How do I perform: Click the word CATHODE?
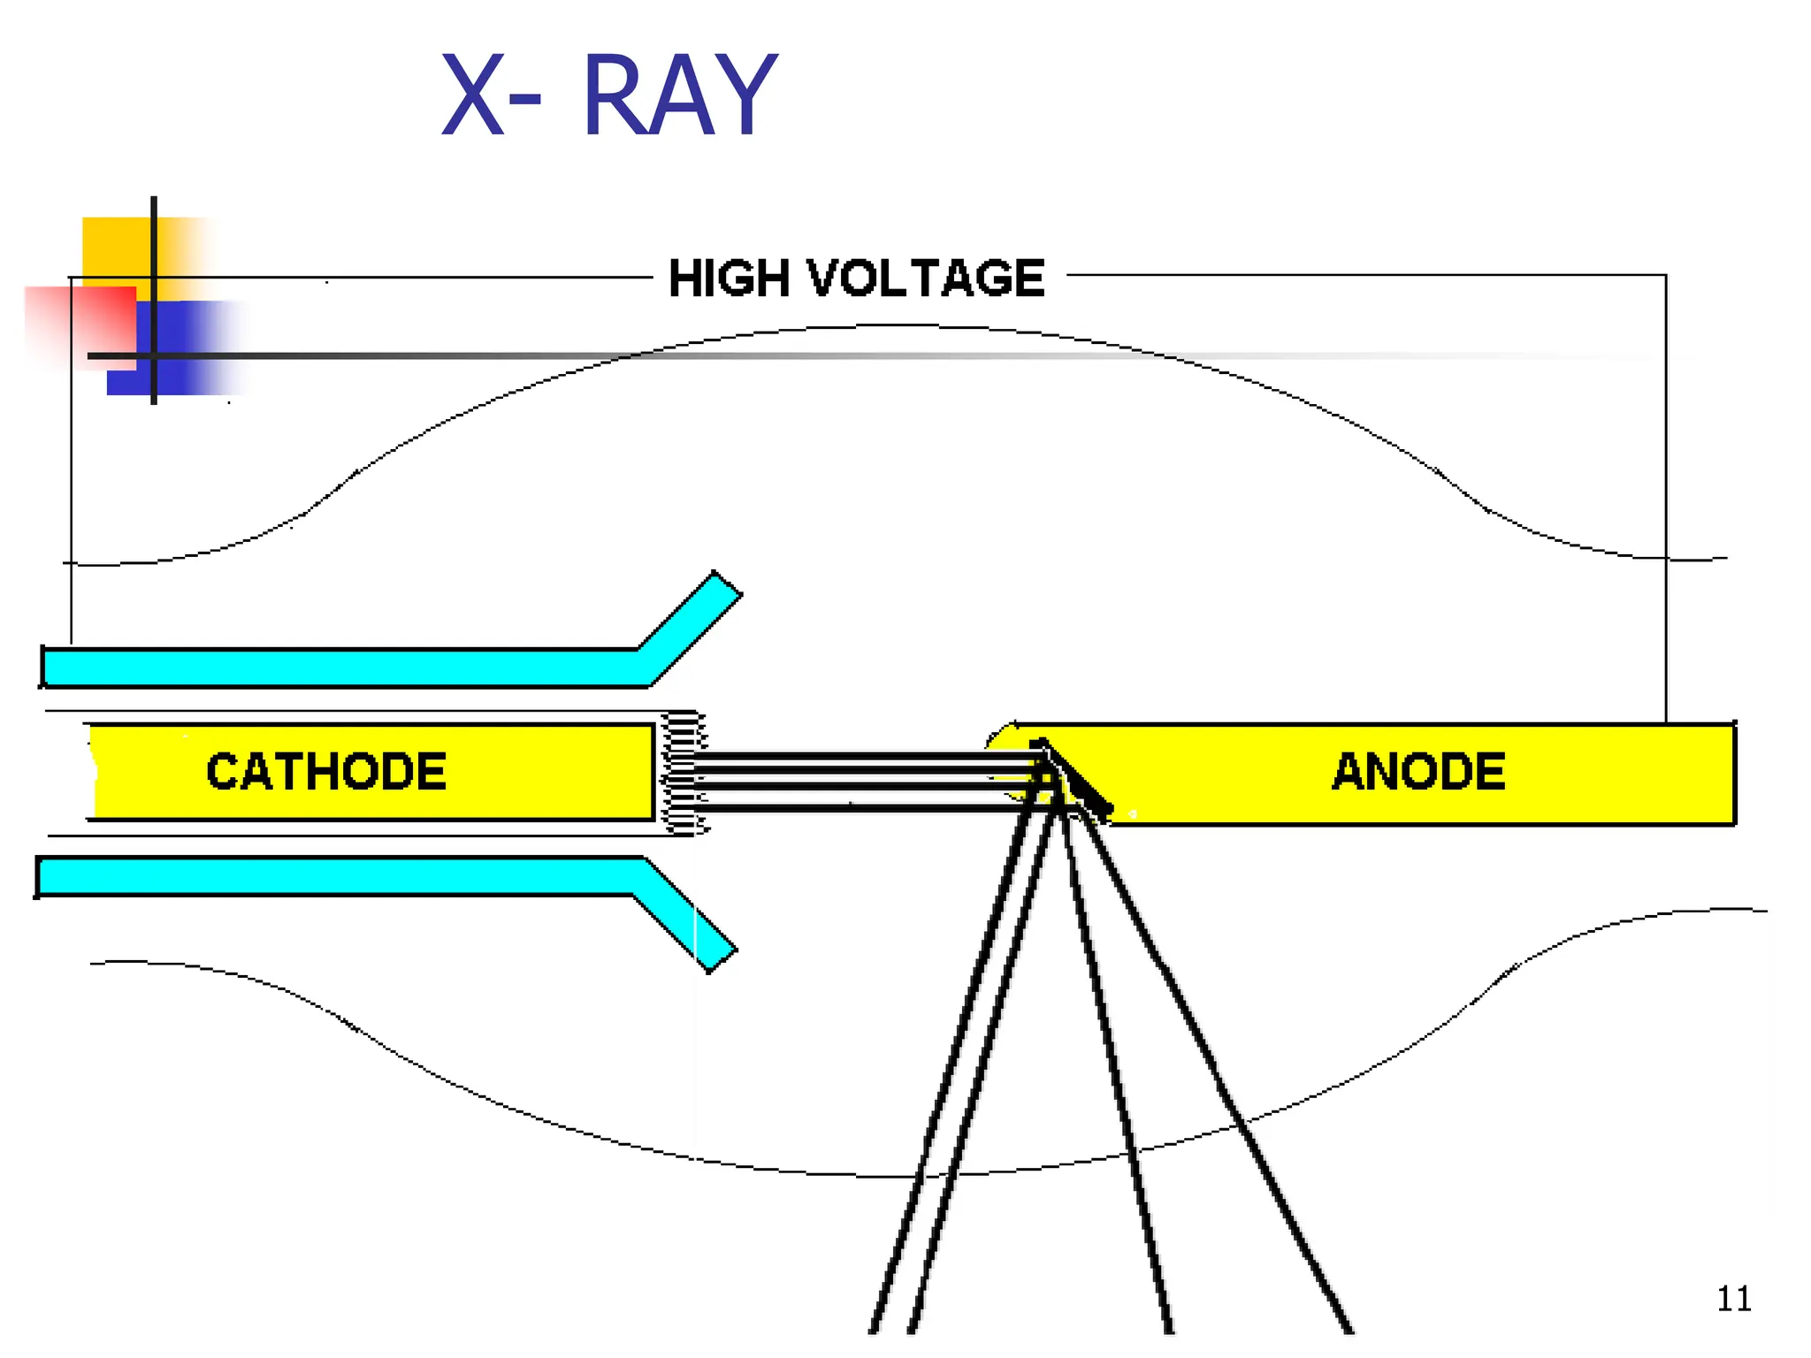(x=325, y=771)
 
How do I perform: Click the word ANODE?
(x=1418, y=771)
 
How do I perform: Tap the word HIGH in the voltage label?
(x=729, y=278)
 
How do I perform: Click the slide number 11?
(x=1733, y=1299)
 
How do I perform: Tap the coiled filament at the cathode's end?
(x=684, y=773)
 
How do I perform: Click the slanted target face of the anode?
(x=1074, y=778)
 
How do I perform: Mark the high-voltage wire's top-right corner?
(x=1666, y=276)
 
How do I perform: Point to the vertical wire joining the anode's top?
(x=1666, y=530)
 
